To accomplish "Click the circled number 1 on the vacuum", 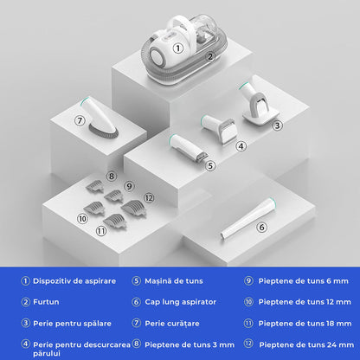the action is click(x=178, y=48).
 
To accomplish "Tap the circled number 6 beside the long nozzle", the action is click(x=261, y=228).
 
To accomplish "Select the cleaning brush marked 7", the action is click(x=100, y=118).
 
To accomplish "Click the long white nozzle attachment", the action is click(x=247, y=219).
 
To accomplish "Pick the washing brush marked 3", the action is click(x=258, y=104).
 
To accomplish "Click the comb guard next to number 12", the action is click(x=133, y=208).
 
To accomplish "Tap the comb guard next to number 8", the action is click(x=95, y=186).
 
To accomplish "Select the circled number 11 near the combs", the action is click(x=101, y=231).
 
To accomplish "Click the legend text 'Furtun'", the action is click(x=46, y=302).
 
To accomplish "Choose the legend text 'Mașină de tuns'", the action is click(x=174, y=281).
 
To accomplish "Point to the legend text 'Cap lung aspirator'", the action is click(x=180, y=302).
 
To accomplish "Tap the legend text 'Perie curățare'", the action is click(x=172, y=324).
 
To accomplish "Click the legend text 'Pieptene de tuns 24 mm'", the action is click(x=306, y=344).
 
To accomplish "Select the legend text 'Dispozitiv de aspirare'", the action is click(x=74, y=281).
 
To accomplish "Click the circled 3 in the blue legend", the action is click(x=25, y=323).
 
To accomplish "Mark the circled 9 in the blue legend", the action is click(x=248, y=280).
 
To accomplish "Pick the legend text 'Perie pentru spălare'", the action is click(x=72, y=324).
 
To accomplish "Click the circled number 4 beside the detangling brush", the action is click(x=241, y=146).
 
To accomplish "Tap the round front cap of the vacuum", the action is click(x=156, y=55).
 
